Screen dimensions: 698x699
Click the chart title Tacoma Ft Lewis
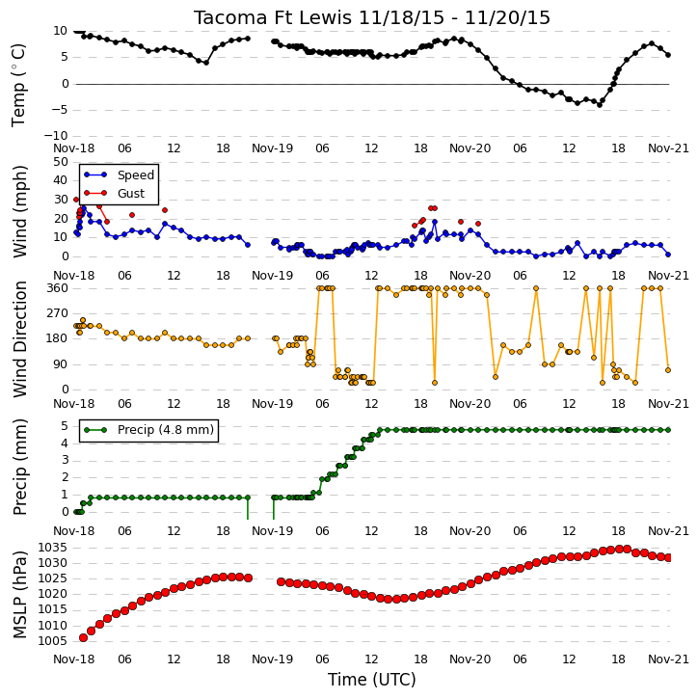pos(273,17)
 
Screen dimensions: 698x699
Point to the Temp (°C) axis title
pos(18,85)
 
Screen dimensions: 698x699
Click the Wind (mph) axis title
pos(19,212)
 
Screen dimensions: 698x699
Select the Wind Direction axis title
pos(19,339)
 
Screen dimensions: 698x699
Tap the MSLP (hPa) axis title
pos(19,595)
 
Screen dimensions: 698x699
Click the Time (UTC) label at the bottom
pos(372,680)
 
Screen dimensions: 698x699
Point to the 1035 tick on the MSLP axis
pos(52,548)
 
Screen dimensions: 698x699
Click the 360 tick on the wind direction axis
pos(58,288)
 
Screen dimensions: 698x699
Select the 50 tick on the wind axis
pos(61,162)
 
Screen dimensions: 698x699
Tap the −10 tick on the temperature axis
pos(56,136)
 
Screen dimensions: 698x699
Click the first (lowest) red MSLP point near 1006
pos(83,637)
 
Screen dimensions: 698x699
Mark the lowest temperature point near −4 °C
pos(600,105)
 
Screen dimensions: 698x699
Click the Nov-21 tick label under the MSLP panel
pos(668,659)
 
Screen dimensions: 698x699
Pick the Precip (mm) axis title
pos(19,468)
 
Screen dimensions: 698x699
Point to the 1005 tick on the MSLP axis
pos(52,641)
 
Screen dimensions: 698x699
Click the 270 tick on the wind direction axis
pos(58,313)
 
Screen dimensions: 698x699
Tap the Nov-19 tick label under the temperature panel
pos(272,148)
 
